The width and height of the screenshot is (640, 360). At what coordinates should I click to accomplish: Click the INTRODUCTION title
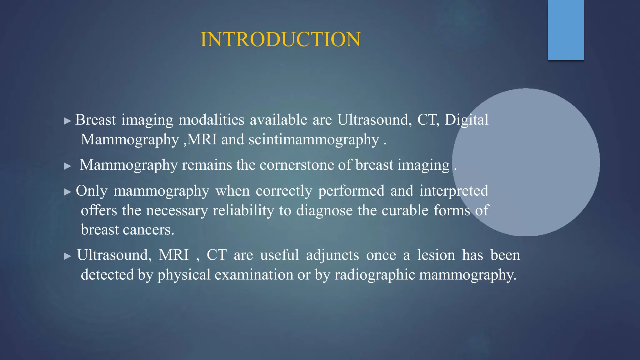coord(280,40)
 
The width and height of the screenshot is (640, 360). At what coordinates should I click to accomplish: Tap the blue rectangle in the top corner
coord(566,30)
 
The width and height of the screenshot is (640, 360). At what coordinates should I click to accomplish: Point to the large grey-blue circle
coord(526,162)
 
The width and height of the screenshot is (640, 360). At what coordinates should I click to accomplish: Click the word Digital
coord(466,120)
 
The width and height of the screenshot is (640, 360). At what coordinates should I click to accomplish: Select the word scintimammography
coord(313,140)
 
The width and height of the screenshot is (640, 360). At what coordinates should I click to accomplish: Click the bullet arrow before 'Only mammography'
coord(67,192)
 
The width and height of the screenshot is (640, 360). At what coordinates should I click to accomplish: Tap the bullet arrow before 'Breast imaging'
coord(67,121)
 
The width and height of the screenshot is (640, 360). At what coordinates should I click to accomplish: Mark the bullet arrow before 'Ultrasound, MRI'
coord(67,256)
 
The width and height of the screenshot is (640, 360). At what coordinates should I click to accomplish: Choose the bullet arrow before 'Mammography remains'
coord(67,166)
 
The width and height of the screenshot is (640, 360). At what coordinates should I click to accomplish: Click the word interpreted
coord(453,191)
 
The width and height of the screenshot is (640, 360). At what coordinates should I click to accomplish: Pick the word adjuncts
coord(332,255)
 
